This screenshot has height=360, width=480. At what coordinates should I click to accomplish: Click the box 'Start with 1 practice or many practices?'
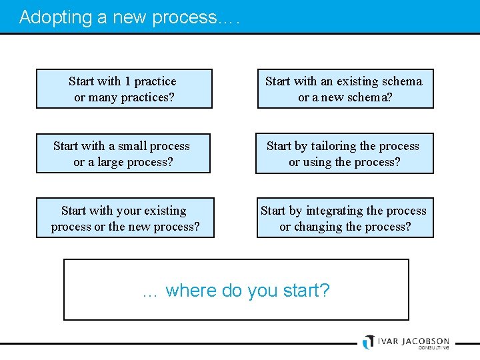tap(124, 89)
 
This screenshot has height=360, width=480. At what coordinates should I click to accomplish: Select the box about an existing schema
tap(345, 89)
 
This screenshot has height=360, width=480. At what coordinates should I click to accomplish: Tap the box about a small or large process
tap(123, 153)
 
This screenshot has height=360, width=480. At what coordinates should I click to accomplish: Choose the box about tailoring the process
tap(344, 153)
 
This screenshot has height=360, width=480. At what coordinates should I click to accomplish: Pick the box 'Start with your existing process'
tap(125, 218)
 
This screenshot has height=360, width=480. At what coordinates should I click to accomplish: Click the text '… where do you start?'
tap(236, 291)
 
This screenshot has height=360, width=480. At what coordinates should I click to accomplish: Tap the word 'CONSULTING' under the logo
tap(433, 348)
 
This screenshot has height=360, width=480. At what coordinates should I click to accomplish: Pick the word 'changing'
tap(319, 227)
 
